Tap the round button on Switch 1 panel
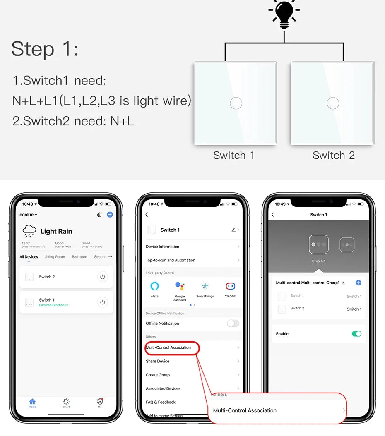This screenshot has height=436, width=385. coord(236,103)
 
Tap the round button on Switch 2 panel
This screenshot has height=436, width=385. coord(333,103)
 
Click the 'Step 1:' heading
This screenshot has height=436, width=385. coord(45,49)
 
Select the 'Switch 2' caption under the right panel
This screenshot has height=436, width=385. coord(333,155)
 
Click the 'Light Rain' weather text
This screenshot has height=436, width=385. coord(56,231)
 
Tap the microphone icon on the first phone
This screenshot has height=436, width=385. coord(99,215)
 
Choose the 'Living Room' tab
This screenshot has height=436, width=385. coord(55,257)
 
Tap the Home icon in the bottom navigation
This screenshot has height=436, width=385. coord(32,402)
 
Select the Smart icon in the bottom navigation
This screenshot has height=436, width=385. coord(66,402)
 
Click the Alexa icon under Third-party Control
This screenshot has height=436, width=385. coord(154,286)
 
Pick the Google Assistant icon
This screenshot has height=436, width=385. coord(180,286)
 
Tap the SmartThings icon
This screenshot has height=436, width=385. coord(205,286)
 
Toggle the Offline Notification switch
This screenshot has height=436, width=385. coord(233,323)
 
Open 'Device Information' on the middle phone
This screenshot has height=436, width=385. coord(163,247)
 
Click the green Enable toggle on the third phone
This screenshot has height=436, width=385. coord(356,334)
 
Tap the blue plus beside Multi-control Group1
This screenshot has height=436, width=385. coord(359,283)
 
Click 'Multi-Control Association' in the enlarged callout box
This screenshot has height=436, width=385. coord(245,410)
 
